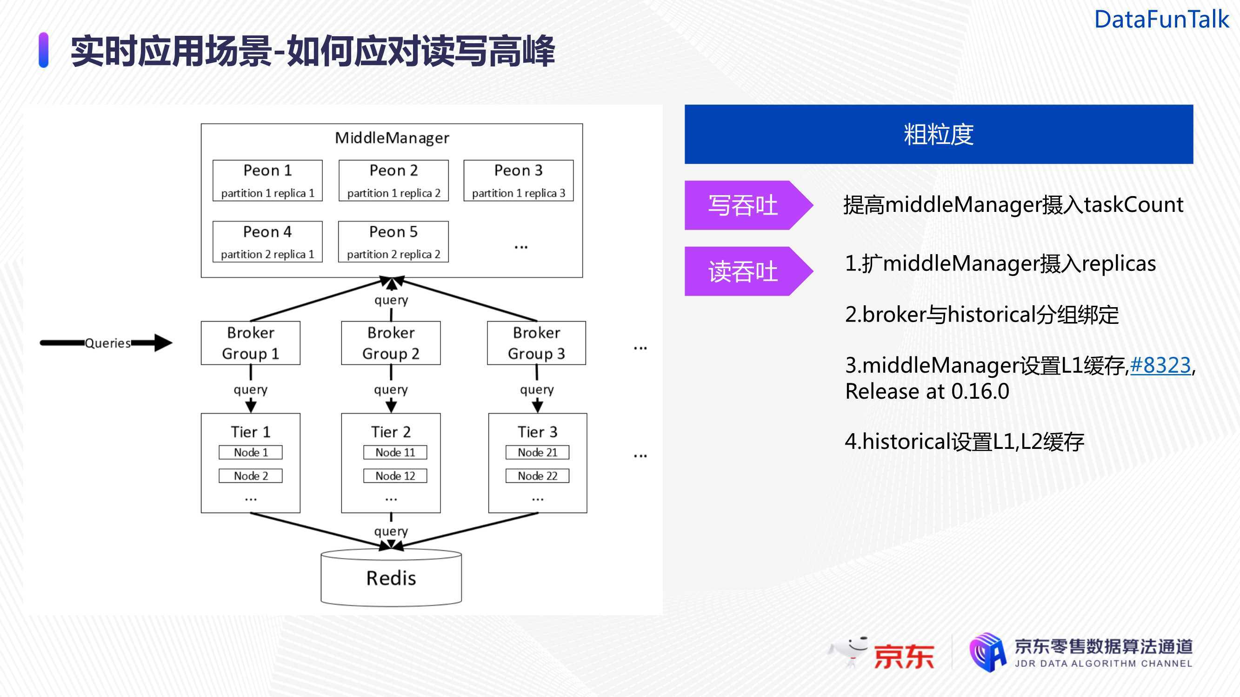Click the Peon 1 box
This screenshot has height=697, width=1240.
pyautogui.click(x=267, y=180)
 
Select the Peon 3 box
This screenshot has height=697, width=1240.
pyautogui.click(x=519, y=180)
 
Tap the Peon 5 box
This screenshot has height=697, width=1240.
pyautogui.click(x=393, y=242)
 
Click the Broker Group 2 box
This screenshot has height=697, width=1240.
pyautogui.click(x=391, y=343)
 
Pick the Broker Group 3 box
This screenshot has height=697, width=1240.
pyautogui.click(x=537, y=343)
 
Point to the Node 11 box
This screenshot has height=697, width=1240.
pyautogui.click(x=395, y=452)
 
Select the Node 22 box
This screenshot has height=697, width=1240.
pyautogui.click(x=537, y=476)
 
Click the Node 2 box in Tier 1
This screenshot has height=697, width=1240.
pyautogui.click(x=251, y=476)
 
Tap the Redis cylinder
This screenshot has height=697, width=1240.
pyautogui.click(x=391, y=577)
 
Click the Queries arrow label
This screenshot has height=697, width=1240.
pyautogui.click(x=108, y=343)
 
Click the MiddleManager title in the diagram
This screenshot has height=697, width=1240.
pyautogui.click(x=392, y=138)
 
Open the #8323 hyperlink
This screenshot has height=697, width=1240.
pyautogui.click(x=1160, y=365)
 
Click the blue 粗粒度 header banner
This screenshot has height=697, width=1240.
pyautogui.click(x=939, y=134)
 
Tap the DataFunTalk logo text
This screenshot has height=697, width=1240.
pyautogui.click(x=1161, y=20)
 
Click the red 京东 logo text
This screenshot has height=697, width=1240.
pyautogui.click(x=904, y=656)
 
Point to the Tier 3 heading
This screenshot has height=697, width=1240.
pyautogui.click(x=537, y=432)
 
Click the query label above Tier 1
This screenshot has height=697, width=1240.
pyautogui.click(x=251, y=390)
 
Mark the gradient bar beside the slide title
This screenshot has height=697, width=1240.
pyautogui.click(x=43, y=50)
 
